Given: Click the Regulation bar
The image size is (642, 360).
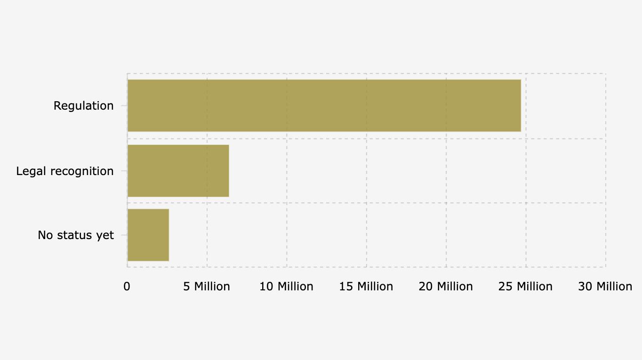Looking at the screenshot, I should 324,105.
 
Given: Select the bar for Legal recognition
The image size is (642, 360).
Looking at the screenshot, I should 178,170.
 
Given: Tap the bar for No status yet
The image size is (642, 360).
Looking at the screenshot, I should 148,235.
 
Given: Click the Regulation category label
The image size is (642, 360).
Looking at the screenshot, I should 83,105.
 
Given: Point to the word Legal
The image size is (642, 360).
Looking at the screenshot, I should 31,171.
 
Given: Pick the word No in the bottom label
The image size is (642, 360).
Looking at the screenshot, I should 46,235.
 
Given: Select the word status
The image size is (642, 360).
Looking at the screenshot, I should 75,235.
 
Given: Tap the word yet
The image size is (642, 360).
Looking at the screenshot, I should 105,235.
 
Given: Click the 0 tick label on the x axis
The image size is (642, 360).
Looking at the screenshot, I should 127,286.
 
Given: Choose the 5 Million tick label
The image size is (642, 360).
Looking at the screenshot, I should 207,286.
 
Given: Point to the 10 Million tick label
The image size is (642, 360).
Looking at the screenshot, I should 286,286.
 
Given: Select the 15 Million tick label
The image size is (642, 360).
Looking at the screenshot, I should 366,286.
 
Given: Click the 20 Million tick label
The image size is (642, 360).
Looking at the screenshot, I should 446,286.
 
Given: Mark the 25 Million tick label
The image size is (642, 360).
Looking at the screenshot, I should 525,286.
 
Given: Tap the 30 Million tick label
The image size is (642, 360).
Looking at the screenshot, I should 605,286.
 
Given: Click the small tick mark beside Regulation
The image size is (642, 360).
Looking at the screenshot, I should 124,105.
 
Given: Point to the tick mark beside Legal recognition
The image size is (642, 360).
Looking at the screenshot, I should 124,170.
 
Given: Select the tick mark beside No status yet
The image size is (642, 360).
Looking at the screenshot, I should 124,235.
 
